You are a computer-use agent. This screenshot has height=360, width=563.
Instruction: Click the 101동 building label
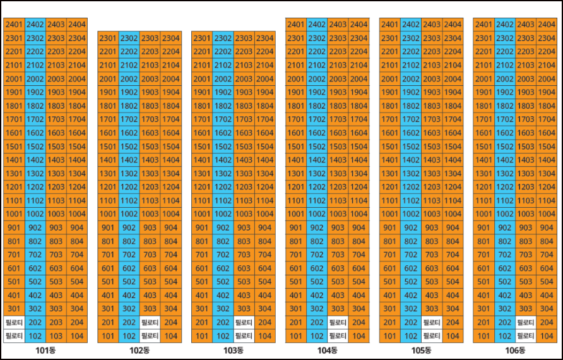[45, 351]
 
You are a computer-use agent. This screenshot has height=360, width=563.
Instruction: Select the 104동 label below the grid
[327, 351]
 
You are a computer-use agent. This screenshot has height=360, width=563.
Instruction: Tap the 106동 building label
[515, 351]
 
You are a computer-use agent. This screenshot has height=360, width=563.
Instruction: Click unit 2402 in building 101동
[35, 25]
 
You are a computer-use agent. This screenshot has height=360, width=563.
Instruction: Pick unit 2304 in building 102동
[171, 38]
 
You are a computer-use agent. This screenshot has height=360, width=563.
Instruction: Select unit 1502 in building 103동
[223, 147]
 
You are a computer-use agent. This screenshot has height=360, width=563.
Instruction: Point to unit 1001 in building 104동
[296, 214]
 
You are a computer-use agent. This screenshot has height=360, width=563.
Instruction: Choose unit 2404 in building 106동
[547, 25]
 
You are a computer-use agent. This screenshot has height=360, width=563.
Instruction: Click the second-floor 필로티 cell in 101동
[14, 323]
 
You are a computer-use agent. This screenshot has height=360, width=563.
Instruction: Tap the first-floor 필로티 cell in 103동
[244, 336]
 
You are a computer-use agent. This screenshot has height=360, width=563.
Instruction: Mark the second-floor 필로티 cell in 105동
[432, 323]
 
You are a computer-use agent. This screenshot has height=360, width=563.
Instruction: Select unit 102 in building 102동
[129, 336]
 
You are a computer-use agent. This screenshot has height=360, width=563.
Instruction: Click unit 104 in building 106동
[547, 336]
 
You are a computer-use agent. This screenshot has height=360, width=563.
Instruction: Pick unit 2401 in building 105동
[389, 25]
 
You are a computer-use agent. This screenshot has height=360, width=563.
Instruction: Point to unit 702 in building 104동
[317, 255]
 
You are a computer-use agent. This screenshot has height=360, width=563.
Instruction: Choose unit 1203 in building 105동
[432, 187]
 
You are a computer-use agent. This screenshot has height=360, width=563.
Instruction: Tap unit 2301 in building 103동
[202, 38]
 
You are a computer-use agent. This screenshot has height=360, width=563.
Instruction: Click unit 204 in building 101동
[77, 323]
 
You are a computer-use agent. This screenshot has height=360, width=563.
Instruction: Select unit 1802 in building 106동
[504, 106]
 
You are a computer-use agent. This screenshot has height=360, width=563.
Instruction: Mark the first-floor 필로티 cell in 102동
[150, 336]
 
